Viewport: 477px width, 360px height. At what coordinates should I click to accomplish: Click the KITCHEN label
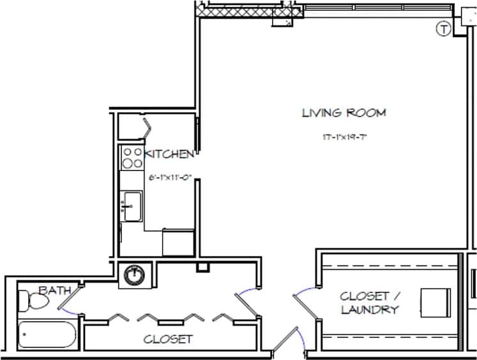[170, 154]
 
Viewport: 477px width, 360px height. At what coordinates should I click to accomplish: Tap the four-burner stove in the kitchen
[132, 158]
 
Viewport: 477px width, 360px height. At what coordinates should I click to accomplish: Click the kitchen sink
[132, 206]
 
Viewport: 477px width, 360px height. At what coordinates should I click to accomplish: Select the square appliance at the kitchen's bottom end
[178, 242]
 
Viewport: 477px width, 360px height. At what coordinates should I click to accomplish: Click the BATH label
[54, 290]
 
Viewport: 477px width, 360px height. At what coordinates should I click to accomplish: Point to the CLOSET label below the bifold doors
[168, 339]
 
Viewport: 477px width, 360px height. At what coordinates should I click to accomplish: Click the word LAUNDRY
[370, 310]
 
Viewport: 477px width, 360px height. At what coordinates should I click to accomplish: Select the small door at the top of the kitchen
[146, 126]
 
